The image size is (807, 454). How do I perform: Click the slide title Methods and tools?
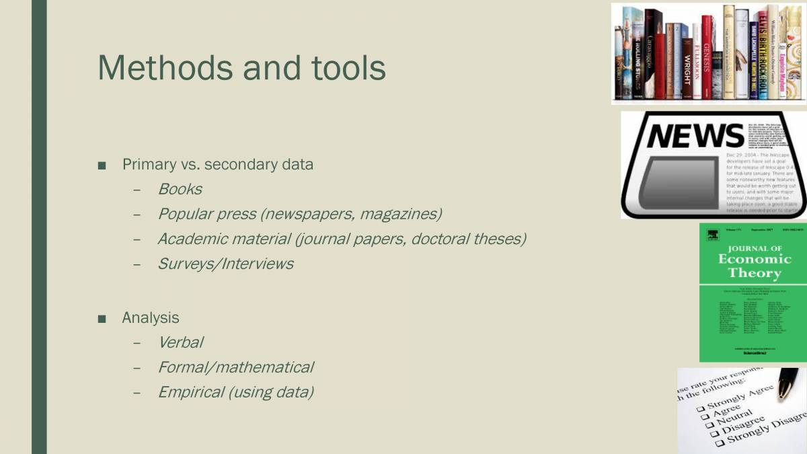point(242,67)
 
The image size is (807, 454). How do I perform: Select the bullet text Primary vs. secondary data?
point(217,164)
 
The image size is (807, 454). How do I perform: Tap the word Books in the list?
point(180,190)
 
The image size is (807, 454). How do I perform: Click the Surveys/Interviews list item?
point(225,264)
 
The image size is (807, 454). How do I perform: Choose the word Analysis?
point(150,317)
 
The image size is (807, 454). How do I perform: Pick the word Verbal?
point(180,342)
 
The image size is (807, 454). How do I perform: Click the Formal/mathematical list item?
point(235,367)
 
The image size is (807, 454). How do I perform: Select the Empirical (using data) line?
point(235,392)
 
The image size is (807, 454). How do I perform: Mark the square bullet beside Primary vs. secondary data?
point(102,165)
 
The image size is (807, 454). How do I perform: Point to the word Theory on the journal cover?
point(755,273)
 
